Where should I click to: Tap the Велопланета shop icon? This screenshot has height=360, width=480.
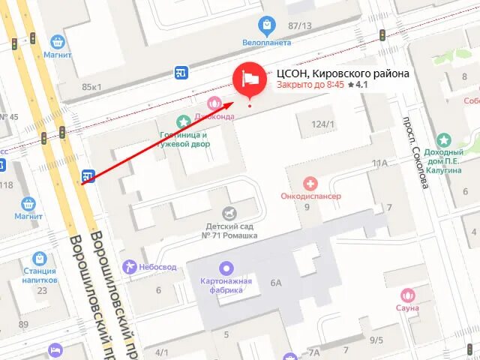click(x=264, y=25)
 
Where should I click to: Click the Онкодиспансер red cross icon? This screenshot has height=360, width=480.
click(x=309, y=183)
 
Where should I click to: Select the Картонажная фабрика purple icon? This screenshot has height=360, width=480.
click(x=226, y=268)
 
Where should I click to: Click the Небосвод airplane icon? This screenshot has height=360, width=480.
click(x=132, y=267)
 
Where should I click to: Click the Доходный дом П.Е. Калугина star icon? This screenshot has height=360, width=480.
click(x=444, y=140)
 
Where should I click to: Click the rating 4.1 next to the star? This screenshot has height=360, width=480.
click(x=361, y=85)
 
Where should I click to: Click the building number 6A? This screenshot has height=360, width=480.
click(x=276, y=282)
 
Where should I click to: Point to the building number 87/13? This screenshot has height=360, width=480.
click(x=299, y=26)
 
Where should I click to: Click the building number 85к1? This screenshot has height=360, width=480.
click(x=91, y=87)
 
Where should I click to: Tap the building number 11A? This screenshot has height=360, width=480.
click(x=379, y=162)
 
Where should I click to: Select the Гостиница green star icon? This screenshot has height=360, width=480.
click(x=183, y=121)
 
